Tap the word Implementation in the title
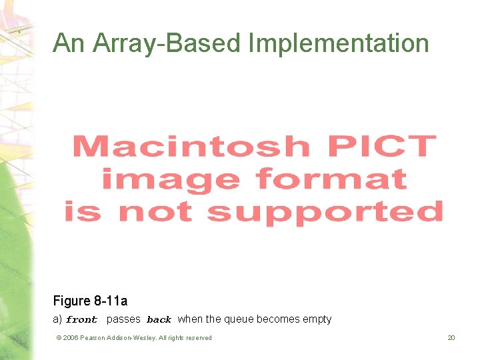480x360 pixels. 338,44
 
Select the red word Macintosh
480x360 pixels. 191,146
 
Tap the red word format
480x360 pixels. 331,179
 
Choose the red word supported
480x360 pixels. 325,212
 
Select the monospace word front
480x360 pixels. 81,320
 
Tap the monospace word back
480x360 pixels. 159,320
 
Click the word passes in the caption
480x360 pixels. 123,319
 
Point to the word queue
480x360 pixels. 238,319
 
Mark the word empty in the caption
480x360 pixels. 316,319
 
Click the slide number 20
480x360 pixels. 451,338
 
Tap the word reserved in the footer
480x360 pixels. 197,338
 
